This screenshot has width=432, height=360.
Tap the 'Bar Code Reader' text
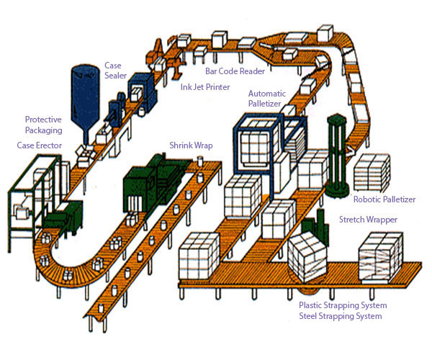[x=235, y=71]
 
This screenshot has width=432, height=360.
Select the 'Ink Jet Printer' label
[x=205, y=87]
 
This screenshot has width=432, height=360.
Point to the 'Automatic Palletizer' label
[x=267, y=99]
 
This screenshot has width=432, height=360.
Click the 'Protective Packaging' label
[x=43, y=125]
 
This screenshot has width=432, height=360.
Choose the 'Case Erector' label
[x=40, y=145]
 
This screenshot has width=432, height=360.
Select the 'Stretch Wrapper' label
[x=368, y=219]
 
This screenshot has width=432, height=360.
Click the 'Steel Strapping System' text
[x=341, y=316]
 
